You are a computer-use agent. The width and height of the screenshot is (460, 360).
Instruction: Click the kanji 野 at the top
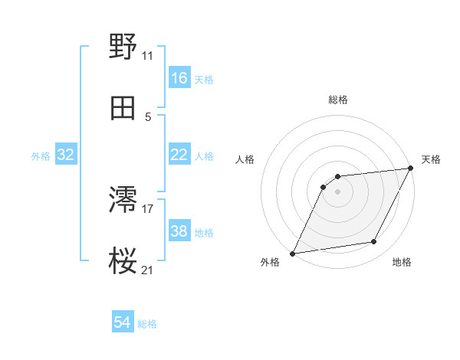point(123,47)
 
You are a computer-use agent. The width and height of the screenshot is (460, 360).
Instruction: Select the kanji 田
point(123,109)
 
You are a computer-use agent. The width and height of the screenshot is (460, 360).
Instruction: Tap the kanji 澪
point(123,201)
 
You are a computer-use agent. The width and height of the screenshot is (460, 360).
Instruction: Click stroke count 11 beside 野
point(148,56)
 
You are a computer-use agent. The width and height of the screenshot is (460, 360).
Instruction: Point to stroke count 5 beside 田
point(148,117)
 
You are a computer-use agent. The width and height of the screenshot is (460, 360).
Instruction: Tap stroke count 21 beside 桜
point(148,270)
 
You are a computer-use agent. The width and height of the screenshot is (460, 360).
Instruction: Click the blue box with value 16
point(179,78)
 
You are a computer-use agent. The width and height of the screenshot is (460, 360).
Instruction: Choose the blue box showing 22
point(179,155)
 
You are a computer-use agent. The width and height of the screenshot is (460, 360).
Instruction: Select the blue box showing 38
point(179,231)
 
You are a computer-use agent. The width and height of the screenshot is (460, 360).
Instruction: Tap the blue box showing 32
point(66,155)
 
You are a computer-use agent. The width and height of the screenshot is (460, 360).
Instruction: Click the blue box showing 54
point(123,323)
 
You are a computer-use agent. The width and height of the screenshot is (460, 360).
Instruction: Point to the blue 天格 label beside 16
point(204,79)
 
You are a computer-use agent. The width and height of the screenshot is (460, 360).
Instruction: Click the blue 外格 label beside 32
point(41,155)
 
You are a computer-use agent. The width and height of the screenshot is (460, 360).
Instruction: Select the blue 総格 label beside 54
point(147,324)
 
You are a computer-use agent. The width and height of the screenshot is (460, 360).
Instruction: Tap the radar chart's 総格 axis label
point(338,100)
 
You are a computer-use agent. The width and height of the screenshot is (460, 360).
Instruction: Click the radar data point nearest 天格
point(411,169)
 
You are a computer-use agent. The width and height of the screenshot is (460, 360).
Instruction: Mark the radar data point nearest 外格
point(292,254)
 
